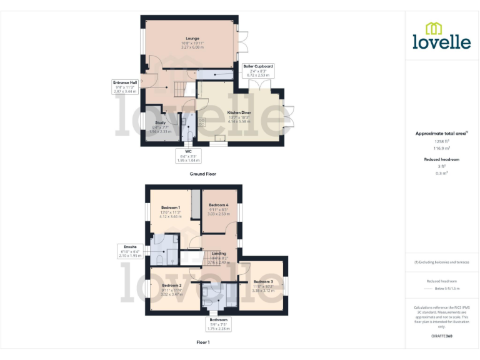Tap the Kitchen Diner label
point(239,112)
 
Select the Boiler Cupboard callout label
point(258,66)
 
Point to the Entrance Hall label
point(125,82)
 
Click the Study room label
point(161,122)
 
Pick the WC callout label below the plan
point(187,151)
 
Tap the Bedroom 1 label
point(171,207)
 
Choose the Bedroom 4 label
point(218,205)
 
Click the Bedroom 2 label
point(171,285)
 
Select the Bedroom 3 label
point(262,282)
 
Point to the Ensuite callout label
point(130,247)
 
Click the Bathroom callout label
point(219,319)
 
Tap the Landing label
point(219,253)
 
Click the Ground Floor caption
point(202,174)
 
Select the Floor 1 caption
point(202,342)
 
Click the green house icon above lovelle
point(432,28)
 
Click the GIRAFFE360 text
point(441,337)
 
